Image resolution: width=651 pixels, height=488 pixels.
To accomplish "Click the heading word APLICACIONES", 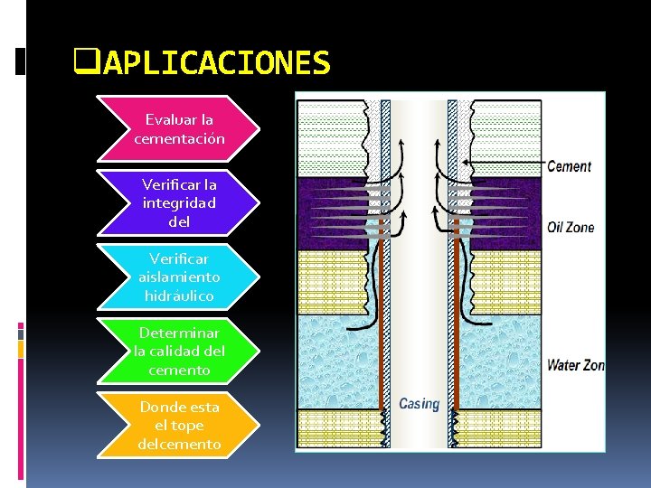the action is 217,64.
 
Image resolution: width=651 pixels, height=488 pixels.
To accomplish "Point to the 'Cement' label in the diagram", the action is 570,166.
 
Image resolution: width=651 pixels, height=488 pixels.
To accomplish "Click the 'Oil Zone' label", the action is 571,228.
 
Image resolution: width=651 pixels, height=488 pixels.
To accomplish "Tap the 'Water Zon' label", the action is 575,365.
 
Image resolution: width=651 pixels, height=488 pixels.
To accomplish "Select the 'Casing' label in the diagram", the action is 420,404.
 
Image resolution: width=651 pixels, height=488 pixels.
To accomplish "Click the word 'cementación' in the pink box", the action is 179,138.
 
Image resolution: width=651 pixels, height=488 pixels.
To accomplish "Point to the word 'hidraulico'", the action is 179,296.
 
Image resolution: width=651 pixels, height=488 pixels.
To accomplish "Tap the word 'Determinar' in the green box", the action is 179,333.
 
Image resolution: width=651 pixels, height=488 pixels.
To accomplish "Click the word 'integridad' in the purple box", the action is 179,202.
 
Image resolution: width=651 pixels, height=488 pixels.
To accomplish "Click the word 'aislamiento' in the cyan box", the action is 179,277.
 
